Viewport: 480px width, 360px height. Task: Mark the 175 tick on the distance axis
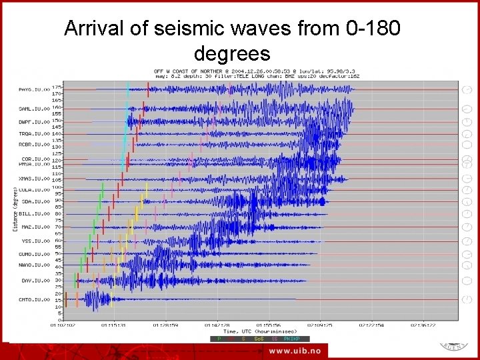(57, 87)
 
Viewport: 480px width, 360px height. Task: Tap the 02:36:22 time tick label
(423, 326)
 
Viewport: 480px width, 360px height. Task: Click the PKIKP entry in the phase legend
(291, 339)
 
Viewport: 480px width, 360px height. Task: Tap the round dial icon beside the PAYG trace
(467, 89)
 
